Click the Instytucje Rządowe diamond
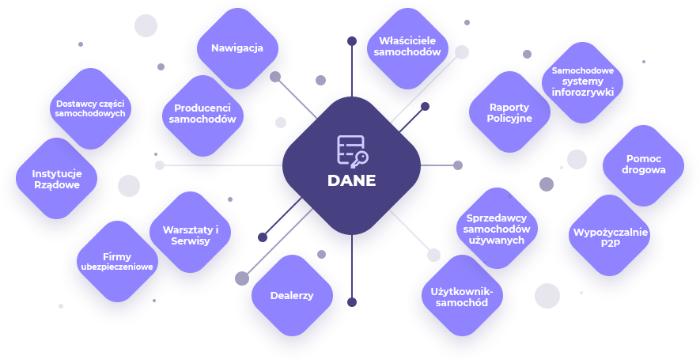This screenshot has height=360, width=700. (x=55, y=179)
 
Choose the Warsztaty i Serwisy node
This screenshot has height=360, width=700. (x=190, y=235)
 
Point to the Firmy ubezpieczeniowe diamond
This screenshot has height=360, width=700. (x=117, y=262)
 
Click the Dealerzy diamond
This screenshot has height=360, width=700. (x=292, y=296)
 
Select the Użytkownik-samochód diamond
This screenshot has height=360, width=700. (x=461, y=297)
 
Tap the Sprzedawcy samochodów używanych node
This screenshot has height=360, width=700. (x=498, y=229)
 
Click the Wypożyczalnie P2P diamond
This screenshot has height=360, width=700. (x=610, y=237)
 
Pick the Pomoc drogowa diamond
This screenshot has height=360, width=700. (x=644, y=164)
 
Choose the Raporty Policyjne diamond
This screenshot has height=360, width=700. (x=509, y=113)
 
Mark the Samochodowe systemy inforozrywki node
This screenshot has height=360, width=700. (x=583, y=81)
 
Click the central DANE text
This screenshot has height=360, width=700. (x=351, y=180)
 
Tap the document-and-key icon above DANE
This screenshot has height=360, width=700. (x=351, y=150)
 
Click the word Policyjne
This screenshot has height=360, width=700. (x=509, y=119)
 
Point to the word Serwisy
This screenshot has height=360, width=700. (x=190, y=241)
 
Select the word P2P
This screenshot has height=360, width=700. (x=610, y=244)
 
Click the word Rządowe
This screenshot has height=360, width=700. (x=55, y=185)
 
